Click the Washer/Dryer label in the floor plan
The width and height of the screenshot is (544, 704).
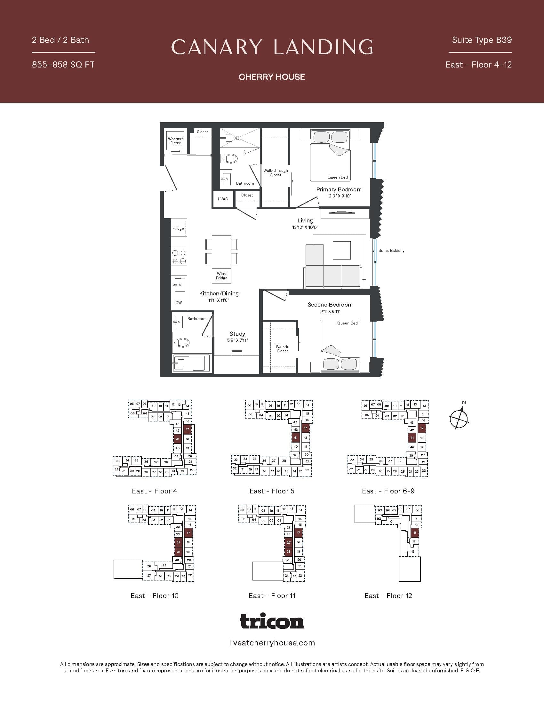175,141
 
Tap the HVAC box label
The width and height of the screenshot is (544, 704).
223,199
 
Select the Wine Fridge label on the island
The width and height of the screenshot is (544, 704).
221,276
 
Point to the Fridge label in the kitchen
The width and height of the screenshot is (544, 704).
178,228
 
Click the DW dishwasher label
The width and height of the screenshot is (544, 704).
179,302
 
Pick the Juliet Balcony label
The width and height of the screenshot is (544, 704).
391,251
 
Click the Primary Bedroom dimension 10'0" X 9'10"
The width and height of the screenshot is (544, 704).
338,196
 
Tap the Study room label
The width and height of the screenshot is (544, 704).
237,334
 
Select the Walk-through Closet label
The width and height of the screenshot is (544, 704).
275,172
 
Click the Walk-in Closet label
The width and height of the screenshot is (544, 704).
282,348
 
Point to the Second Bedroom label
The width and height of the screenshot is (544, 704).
330,305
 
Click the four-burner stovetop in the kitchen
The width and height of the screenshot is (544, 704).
179,257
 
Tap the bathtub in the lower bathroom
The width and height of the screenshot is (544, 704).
191,363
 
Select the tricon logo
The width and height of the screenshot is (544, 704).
272,621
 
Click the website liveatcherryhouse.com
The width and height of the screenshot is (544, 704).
272,643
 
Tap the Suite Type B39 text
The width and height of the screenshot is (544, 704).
482,40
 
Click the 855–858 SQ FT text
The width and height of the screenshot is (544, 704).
63,64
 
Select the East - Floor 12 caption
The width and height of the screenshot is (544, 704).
388,596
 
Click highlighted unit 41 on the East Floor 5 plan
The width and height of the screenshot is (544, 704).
296,437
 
